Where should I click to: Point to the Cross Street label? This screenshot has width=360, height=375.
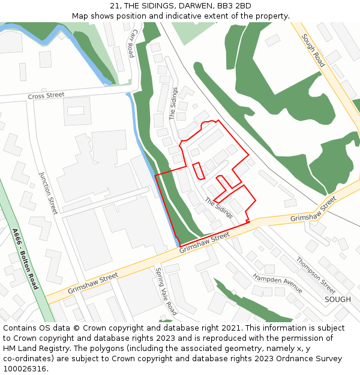click(x=46, y=95)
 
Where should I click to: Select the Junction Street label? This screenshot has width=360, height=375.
click(x=48, y=193)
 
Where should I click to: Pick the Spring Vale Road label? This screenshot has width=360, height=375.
click(x=166, y=292)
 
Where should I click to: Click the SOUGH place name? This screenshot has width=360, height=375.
click(x=337, y=299)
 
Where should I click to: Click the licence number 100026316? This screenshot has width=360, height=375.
click(x=25, y=369)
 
